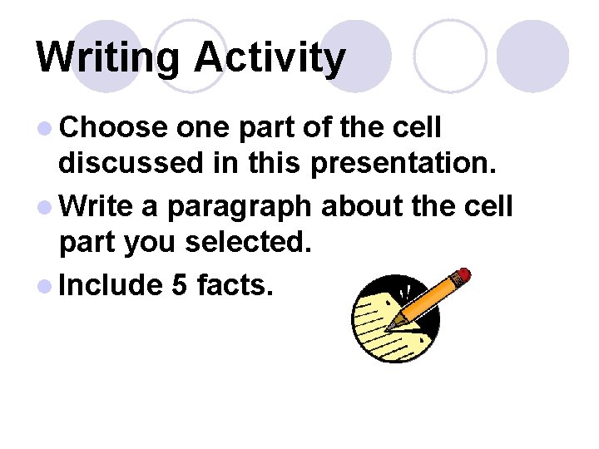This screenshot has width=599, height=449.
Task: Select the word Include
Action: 111,284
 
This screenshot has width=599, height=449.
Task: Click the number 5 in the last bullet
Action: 179,284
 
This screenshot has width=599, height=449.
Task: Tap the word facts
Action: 235,284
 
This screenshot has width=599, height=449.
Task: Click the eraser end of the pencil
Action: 463,275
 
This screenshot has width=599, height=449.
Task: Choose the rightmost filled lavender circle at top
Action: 532,57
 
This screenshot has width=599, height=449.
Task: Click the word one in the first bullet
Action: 205,129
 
